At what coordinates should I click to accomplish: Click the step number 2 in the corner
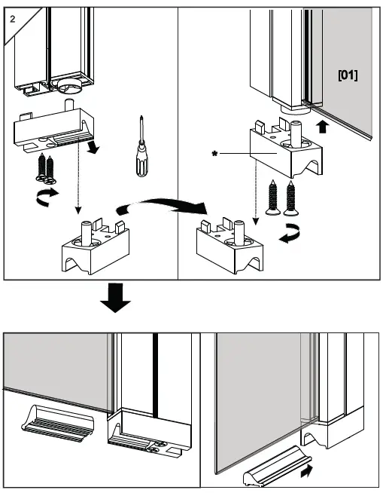pos(12,19)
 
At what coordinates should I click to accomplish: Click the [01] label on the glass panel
pos(348,75)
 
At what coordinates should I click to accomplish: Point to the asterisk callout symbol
pos(214,154)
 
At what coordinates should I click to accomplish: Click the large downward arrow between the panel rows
pos(115,298)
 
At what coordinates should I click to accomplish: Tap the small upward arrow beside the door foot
pos(323,127)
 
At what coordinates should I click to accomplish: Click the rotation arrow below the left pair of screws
pos(47,197)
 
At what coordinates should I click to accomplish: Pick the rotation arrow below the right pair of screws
pos(290,234)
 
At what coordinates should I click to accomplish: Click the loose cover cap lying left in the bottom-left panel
pos(57,424)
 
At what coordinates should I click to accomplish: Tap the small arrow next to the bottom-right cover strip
pos(306,471)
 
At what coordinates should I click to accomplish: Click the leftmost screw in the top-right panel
pos(273,198)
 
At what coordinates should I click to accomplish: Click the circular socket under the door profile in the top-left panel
pos(69,86)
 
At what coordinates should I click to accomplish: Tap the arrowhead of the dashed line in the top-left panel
pos(78,210)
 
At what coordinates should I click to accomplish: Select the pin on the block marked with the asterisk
pos(296,134)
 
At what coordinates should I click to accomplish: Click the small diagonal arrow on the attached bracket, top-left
pos(93,148)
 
